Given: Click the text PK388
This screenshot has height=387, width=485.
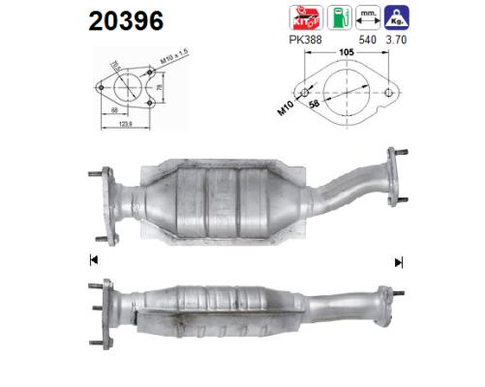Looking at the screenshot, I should (307, 42).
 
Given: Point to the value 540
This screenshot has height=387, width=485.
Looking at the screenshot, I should (367, 42).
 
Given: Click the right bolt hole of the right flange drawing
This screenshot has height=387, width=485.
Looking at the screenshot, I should (388, 94).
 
